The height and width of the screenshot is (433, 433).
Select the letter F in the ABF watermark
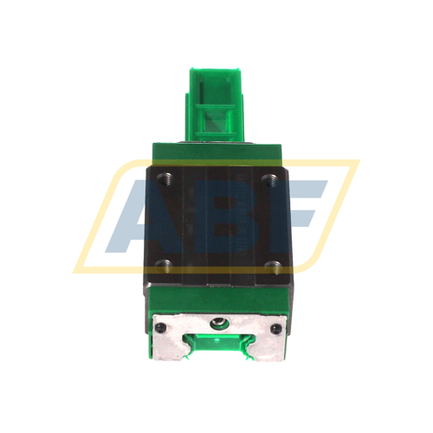(303, 212)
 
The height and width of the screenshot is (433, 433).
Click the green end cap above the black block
(218, 154)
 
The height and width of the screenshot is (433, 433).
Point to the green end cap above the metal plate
(218, 302)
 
